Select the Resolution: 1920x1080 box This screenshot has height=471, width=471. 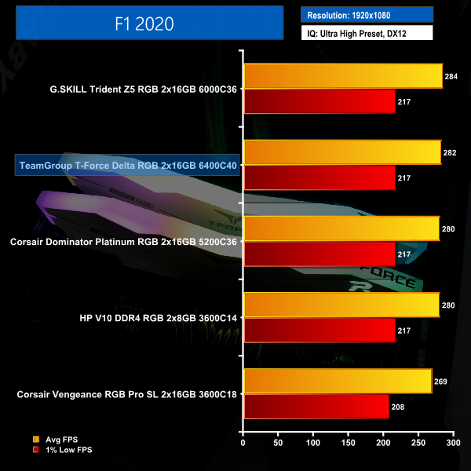367,15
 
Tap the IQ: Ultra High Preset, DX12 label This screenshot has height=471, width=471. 367,34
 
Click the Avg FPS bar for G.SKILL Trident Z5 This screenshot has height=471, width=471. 343,76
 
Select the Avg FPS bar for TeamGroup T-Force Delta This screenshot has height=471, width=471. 342,152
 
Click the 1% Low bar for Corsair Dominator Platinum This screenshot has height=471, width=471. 319,254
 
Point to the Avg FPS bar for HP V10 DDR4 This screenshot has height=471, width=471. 341,305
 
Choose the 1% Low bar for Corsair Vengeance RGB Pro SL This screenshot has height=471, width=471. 316,407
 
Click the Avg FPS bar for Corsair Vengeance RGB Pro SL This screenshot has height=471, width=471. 338,381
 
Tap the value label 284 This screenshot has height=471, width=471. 451,76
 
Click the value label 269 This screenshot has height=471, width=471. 440,382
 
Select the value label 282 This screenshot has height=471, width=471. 450,152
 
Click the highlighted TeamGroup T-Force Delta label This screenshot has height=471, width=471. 128,166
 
